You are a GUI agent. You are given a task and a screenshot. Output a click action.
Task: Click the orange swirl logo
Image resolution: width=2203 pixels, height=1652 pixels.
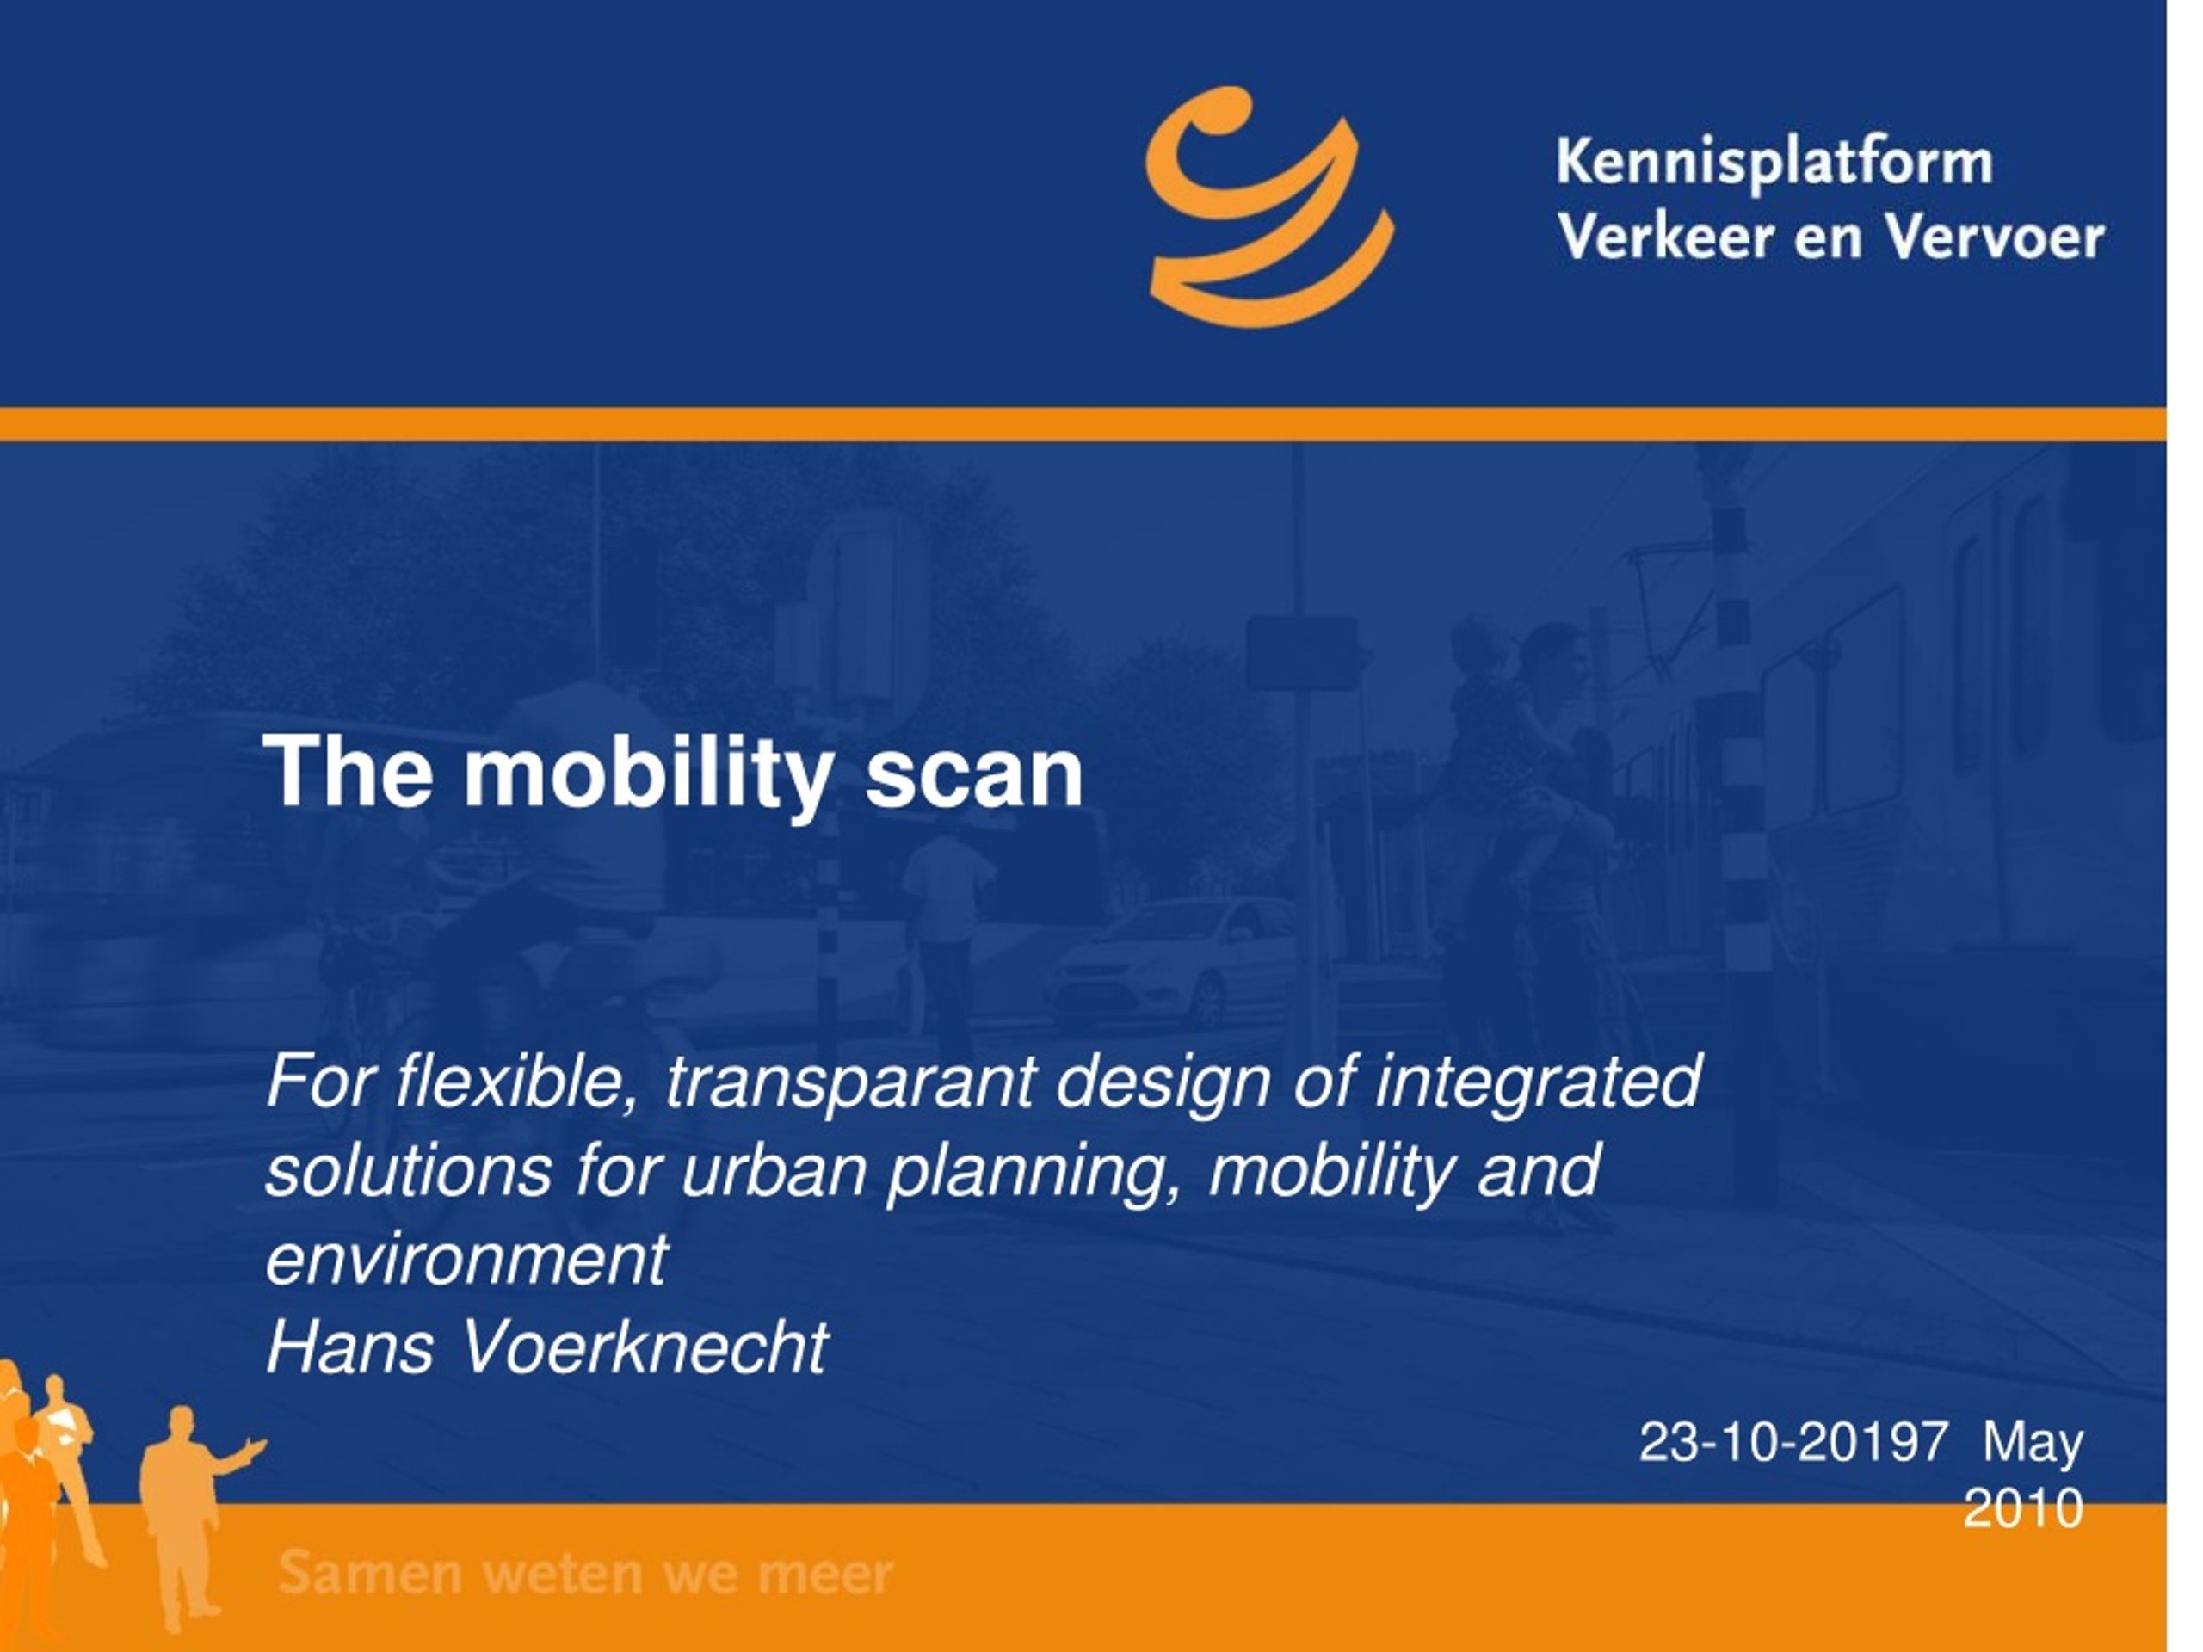coord(1268,207)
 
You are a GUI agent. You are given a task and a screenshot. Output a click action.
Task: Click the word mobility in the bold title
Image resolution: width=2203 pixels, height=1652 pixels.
coord(648,774)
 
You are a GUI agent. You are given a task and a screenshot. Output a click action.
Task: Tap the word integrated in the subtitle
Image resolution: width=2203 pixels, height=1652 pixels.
coord(1538,1083)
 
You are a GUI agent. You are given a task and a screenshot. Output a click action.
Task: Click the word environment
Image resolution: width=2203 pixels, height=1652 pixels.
coord(467,1259)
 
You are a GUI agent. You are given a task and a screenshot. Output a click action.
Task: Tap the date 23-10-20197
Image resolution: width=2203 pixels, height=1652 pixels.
coord(1793,1442)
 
